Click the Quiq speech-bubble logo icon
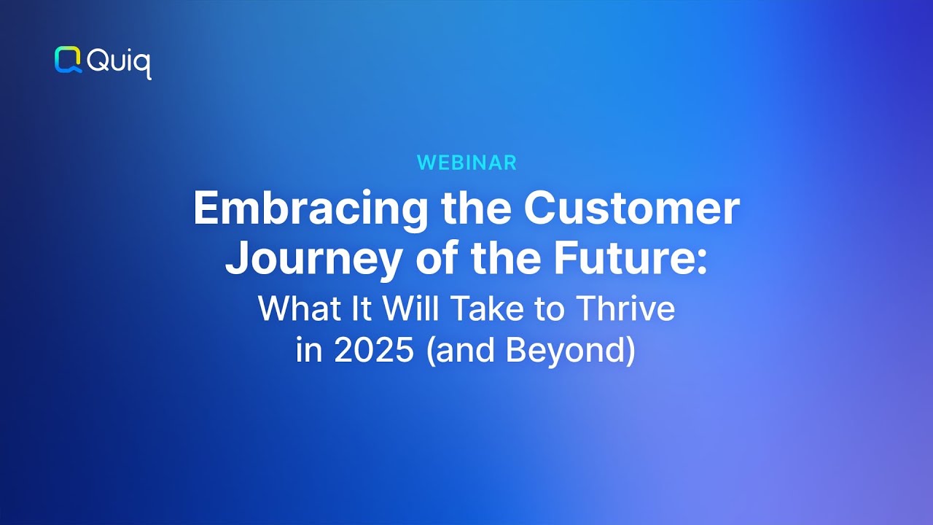click(x=68, y=60)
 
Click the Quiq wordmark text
click(x=119, y=63)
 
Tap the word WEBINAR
click(x=466, y=163)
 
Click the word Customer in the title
click(x=631, y=209)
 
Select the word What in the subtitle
click(x=292, y=309)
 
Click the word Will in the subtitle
click(x=410, y=309)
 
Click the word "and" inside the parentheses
click(x=472, y=351)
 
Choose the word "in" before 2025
click(x=308, y=351)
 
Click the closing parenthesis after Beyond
click(x=631, y=351)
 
